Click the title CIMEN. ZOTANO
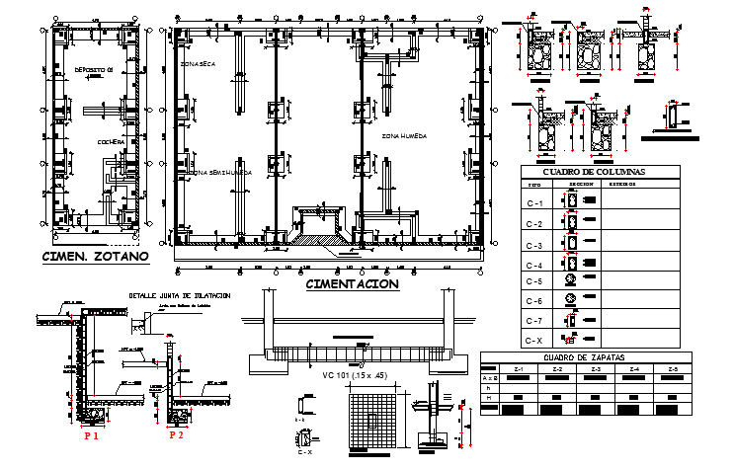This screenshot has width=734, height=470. click(95, 257)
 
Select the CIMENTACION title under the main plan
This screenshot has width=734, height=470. click(353, 284)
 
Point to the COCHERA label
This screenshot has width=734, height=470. click(111, 142)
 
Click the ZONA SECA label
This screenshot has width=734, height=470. click(198, 63)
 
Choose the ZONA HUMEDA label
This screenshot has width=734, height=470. click(404, 134)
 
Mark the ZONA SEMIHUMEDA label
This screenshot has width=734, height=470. click(222, 172)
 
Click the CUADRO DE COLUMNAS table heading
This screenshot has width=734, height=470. click(600, 172)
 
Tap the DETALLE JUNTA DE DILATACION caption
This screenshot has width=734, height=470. click(180, 295)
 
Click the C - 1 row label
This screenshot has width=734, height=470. click(534, 203)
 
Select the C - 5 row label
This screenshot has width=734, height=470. click(534, 281)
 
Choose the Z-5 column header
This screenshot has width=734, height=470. click(673, 369)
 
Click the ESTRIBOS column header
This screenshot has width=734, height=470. click(620, 184)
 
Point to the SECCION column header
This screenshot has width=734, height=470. click(580, 184)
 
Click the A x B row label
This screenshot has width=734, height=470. click(489, 378)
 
